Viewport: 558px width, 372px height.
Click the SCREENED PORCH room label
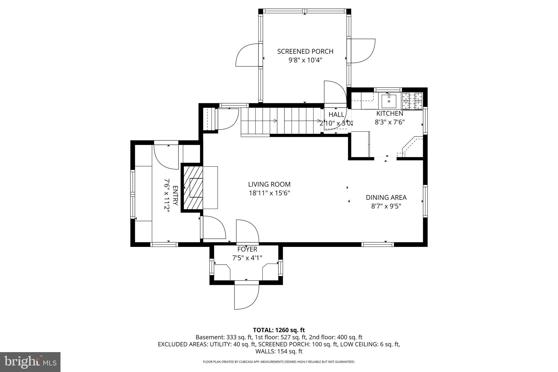[305, 52]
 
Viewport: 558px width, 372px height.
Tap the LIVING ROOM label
[269, 185]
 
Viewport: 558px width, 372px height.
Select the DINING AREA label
[386, 198]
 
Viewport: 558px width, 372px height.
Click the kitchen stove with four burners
[412, 101]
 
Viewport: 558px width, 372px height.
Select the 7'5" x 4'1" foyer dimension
[247, 258]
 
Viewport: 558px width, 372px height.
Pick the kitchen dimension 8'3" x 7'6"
[390, 122]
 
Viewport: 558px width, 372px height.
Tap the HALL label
[336, 114]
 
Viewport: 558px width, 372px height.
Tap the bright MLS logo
[30, 362]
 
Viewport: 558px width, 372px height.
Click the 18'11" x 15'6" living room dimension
[269, 193]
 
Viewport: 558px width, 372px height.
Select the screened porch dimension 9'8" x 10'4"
[305, 60]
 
